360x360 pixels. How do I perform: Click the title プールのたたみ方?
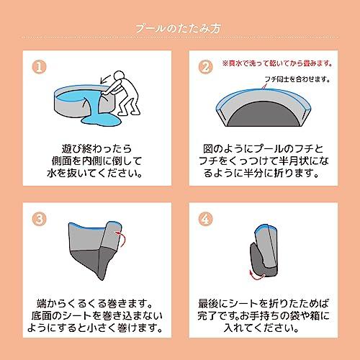coord(179,29)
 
